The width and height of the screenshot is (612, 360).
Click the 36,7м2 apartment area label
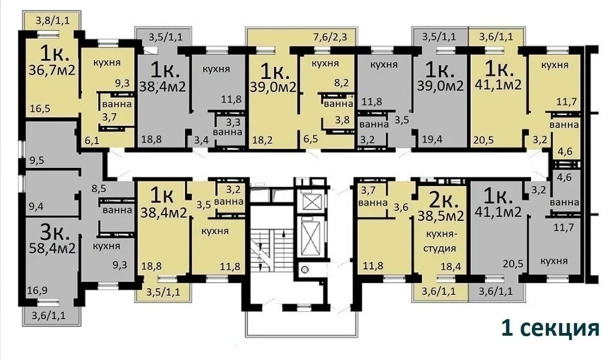52,70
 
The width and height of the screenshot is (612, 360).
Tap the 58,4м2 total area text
52,248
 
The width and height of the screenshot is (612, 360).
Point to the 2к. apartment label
441,200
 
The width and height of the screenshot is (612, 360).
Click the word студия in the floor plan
440,248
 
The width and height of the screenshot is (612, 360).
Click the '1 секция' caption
550,329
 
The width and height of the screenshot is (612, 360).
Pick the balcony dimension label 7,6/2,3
330,38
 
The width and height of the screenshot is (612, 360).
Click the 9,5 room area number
36,160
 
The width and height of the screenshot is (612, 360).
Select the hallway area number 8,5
99,189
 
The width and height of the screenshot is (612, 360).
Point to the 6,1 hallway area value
92,140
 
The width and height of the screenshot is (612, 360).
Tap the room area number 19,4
432,139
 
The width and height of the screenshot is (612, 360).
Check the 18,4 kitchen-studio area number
451,267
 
